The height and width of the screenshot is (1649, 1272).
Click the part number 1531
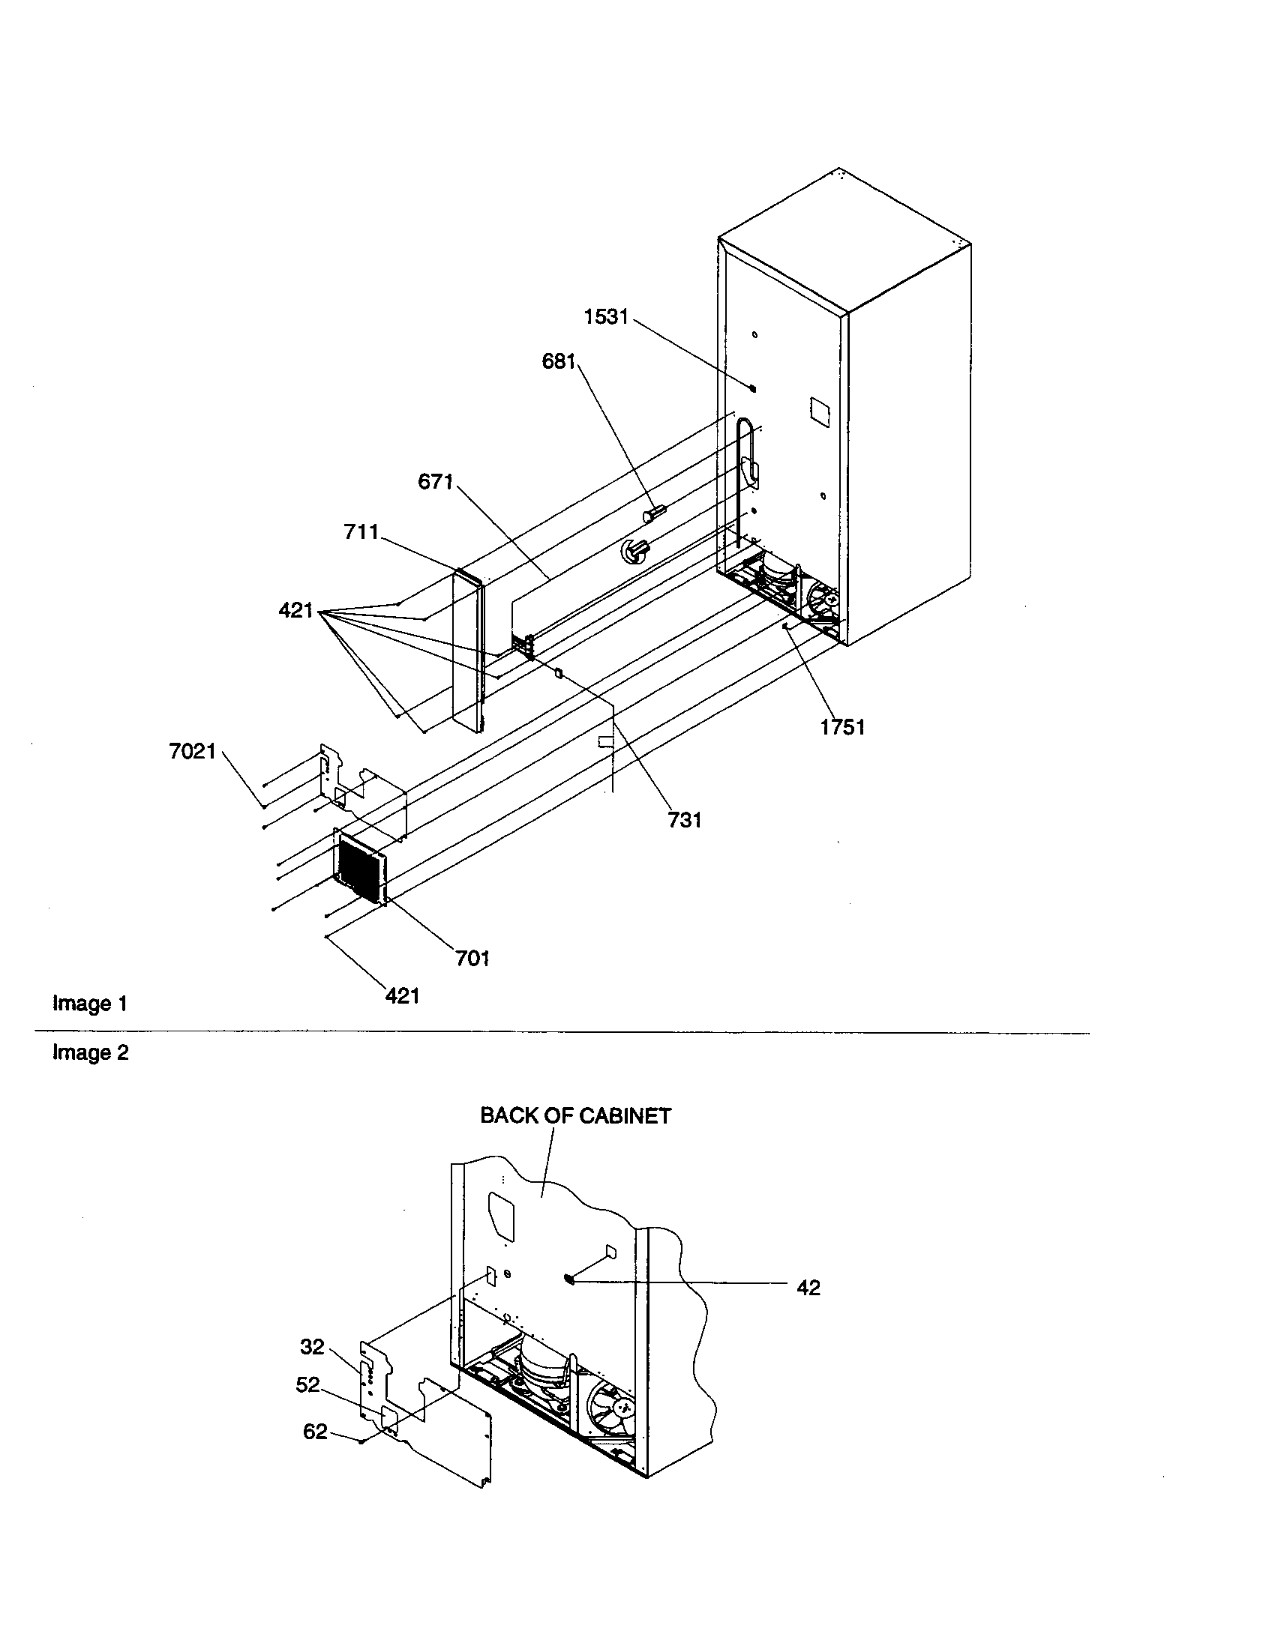606,317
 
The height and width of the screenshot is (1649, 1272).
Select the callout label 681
559,362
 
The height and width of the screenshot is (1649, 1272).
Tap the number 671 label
435,482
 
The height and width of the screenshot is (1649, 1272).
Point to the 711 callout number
361,532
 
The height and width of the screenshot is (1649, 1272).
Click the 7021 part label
193,751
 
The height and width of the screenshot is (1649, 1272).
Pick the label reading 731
684,820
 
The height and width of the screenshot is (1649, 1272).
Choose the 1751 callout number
842,727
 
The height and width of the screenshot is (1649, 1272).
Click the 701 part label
472,958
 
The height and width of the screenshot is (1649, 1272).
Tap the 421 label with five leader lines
295,610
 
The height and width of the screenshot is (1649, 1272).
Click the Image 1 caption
90,1004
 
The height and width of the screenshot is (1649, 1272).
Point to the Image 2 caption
91,1052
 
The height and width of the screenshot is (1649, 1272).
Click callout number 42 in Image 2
808,1288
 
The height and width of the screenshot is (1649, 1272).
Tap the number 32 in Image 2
312,1346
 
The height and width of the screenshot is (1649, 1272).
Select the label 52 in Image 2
307,1384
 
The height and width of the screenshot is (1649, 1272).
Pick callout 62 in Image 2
315,1432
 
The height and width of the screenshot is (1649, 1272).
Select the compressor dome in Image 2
545,1360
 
